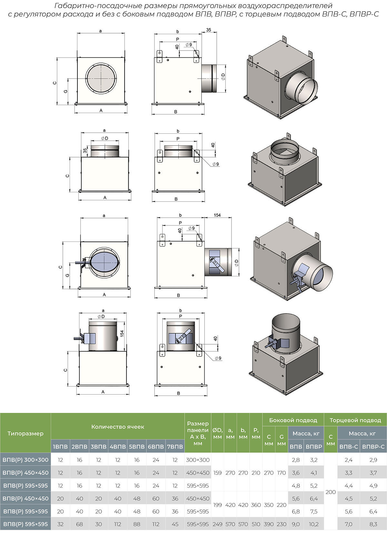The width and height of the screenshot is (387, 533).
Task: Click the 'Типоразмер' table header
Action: [25, 433]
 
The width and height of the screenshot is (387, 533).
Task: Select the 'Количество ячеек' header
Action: [118, 427]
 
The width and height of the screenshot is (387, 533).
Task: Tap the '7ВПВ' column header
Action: [175, 447]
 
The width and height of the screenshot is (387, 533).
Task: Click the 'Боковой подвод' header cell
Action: [293, 420]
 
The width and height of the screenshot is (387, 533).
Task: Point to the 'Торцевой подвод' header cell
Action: [355, 420]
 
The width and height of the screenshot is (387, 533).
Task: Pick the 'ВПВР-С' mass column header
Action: [373, 447]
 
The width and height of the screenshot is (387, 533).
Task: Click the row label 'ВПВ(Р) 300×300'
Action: [25, 460]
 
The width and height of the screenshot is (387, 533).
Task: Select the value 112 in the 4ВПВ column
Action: [118, 524]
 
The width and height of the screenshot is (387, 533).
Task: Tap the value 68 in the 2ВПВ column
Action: [79, 524]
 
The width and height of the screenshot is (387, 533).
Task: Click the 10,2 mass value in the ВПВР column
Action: [313, 524]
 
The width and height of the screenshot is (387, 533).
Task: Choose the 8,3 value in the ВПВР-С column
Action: [373, 524]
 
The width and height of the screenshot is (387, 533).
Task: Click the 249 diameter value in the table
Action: [217, 524]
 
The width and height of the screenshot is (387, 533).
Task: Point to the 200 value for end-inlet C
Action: [331, 492]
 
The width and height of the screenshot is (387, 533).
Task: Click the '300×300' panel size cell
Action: [198, 460]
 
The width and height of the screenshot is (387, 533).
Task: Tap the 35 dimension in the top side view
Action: [208, 30]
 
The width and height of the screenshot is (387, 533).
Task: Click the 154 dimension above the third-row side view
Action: [217, 215]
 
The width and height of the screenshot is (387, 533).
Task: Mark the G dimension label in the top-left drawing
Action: [66, 91]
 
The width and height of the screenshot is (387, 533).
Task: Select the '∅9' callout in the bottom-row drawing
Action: [218, 358]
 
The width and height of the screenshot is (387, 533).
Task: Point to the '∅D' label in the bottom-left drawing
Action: [101, 317]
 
